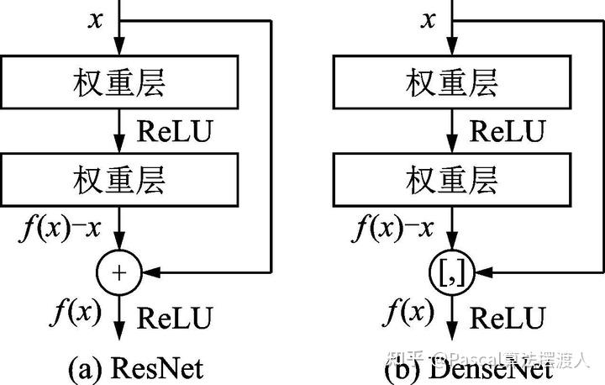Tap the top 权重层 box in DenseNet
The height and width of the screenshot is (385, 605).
(453, 82)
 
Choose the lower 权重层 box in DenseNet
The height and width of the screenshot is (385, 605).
(453, 179)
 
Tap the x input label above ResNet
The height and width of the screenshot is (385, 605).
(96, 19)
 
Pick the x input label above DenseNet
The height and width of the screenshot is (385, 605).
(428, 19)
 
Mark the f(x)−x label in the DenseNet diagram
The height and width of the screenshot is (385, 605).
(392, 226)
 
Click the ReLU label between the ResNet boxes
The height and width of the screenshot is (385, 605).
(175, 131)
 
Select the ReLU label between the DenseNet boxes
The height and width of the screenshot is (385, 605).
(508, 131)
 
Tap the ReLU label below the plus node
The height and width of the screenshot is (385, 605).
(175, 319)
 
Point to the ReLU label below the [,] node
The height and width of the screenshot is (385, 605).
(508, 319)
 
